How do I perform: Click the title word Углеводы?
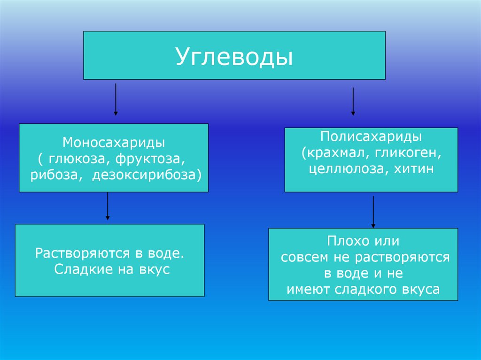click(234, 56)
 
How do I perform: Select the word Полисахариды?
click(371, 137)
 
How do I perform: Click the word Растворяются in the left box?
click(82, 253)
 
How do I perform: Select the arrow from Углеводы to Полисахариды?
click(353, 100)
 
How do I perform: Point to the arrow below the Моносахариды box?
click(108, 206)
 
